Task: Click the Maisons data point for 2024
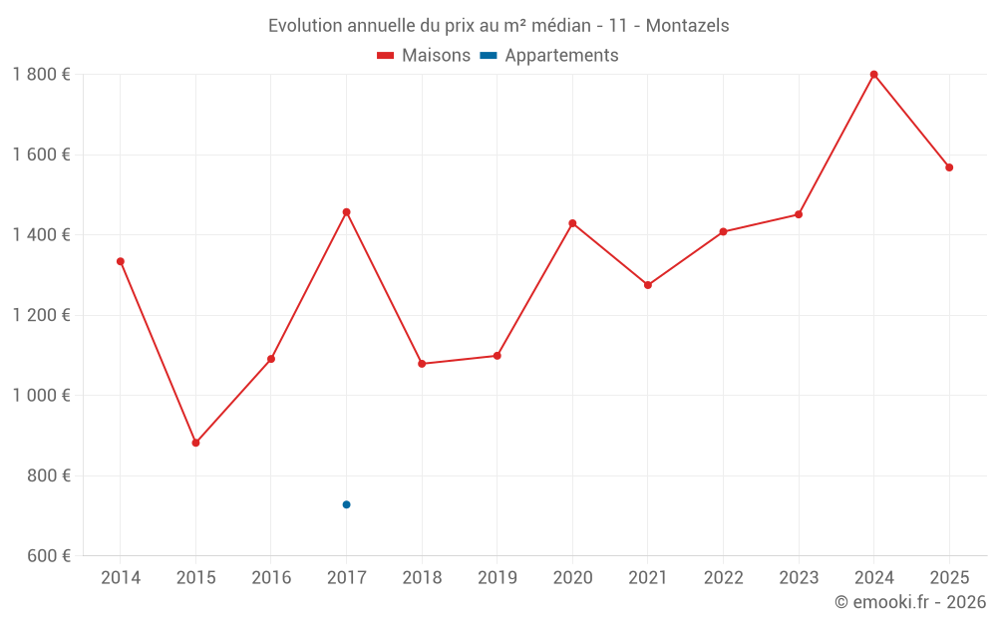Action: click(873, 75)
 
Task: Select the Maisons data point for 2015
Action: click(195, 443)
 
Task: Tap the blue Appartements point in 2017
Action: click(346, 504)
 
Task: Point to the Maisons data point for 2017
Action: click(346, 212)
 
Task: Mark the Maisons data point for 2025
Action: click(949, 167)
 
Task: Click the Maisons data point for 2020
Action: click(572, 223)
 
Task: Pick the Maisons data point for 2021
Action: click(648, 285)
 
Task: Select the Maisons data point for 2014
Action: click(121, 261)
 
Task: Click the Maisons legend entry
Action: click(424, 56)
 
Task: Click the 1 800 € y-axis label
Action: click(41, 75)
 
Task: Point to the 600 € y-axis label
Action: click(47, 556)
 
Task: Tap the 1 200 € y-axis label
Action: click(41, 315)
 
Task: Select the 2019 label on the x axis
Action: click(497, 578)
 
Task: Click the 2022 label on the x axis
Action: click(723, 578)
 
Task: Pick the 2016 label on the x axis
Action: click(271, 578)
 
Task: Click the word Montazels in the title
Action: click(687, 25)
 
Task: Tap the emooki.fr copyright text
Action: click(910, 602)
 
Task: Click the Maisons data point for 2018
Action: click(422, 364)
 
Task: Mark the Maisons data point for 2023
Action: click(799, 214)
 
